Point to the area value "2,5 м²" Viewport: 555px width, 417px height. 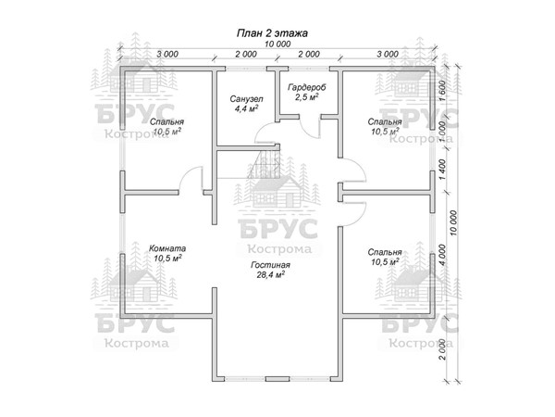pos(306,96)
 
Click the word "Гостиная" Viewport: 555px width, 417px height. pos(269,265)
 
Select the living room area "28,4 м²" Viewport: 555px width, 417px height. pos(269,275)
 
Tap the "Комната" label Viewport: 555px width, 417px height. pos(167,248)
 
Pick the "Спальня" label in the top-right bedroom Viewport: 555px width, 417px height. pos(384,121)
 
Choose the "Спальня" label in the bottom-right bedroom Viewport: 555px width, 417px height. pos(384,251)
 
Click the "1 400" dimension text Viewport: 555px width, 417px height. pos(444,168)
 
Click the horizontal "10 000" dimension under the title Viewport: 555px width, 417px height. pos(275,44)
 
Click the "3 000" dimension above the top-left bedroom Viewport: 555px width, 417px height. pos(167,55)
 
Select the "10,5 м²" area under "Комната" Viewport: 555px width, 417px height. pos(167,259)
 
